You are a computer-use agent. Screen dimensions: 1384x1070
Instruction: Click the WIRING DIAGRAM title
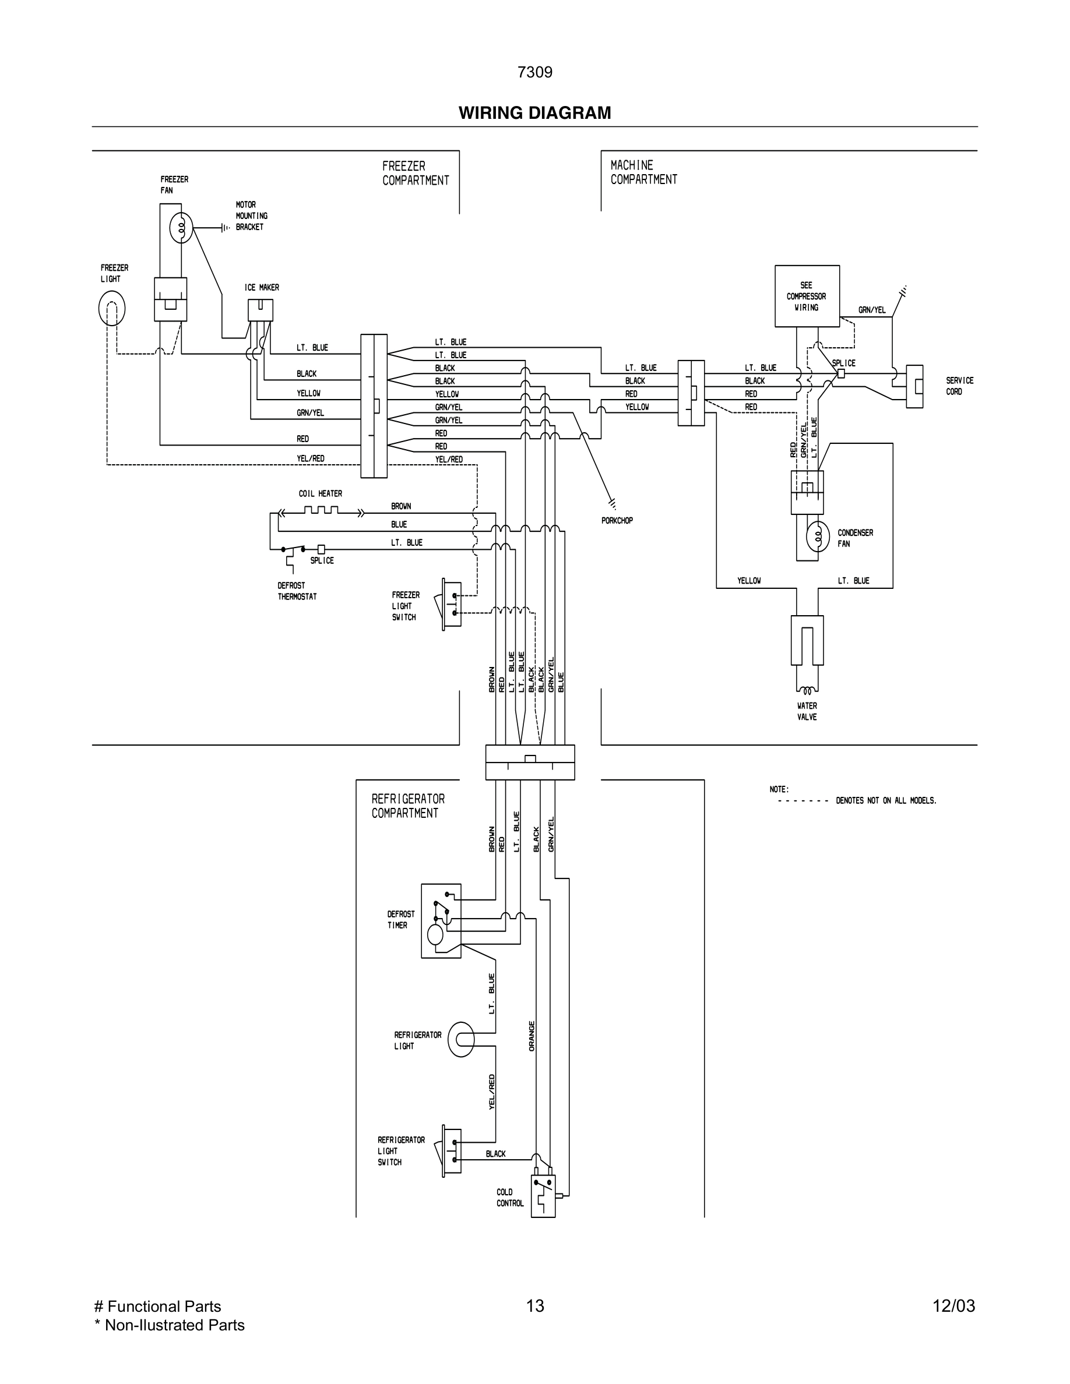click(534, 113)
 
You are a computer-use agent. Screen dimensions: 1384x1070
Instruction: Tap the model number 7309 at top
click(534, 72)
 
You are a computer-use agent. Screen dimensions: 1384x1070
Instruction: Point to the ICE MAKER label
click(261, 288)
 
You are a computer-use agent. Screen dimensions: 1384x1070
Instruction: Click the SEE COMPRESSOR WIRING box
click(807, 296)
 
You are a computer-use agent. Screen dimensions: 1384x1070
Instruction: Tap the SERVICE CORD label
click(959, 386)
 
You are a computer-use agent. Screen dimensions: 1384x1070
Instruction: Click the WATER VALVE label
click(807, 711)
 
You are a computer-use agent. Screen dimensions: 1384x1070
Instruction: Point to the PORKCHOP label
click(617, 520)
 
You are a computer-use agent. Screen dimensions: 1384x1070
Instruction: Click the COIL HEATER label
click(320, 493)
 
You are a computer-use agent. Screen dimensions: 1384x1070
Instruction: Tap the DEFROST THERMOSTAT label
click(297, 591)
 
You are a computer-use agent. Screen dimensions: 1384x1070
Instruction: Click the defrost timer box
click(441, 921)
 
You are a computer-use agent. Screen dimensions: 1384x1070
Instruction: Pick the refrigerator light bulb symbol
click(461, 1039)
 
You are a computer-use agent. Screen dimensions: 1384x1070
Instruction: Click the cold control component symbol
click(542, 1195)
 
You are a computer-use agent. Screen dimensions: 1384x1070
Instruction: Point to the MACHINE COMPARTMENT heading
click(643, 172)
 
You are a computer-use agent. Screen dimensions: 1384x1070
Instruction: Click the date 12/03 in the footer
click(953, 1306)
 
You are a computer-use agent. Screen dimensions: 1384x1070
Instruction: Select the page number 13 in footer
click(534, 1305)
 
